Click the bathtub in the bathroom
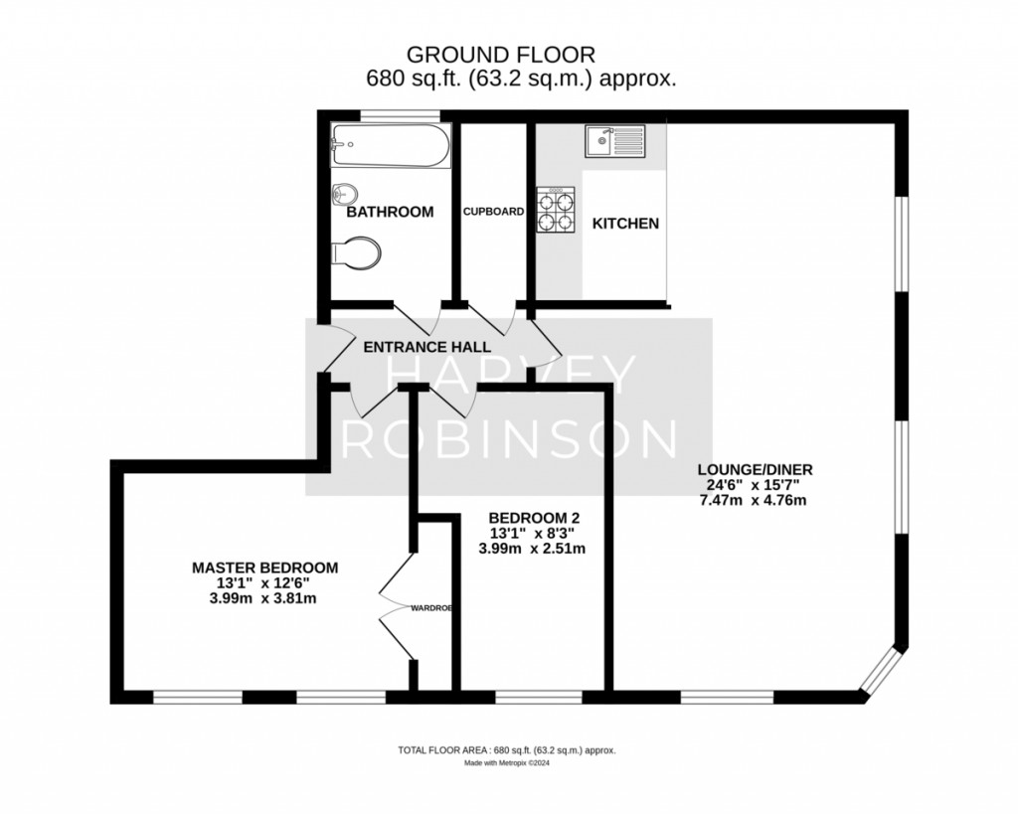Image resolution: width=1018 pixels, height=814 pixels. tap(390, 145)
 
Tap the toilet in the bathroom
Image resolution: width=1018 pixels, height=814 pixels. tap(355, 253)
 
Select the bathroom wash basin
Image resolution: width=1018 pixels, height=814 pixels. tap(344, 194)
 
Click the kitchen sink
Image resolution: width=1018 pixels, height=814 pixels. tap(614, 141)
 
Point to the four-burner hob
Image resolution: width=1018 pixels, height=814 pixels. tap(556, 210)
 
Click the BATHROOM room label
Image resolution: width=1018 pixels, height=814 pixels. tap(390, 213)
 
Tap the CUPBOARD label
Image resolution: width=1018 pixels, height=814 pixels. tap(493, 212)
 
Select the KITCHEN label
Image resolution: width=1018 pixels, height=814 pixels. tap(626, 224)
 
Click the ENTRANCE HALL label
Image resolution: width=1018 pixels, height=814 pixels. tap(427, 347)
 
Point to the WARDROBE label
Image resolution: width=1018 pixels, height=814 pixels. tap(431, 608)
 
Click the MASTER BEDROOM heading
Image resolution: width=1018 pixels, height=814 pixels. tap(264, 568)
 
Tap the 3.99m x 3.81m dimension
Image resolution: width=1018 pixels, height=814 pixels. tap(262, 598)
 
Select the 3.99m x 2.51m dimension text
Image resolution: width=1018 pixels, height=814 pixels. tap(533, 549)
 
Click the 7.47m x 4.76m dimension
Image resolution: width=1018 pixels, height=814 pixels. tap(754, 501)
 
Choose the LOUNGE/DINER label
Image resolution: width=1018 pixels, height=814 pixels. tap(756, 469)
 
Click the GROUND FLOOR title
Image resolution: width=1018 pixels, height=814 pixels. tap(501, 54)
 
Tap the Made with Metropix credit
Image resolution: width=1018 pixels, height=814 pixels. tap(507, 763)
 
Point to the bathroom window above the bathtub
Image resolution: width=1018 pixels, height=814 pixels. tap(400, 116)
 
